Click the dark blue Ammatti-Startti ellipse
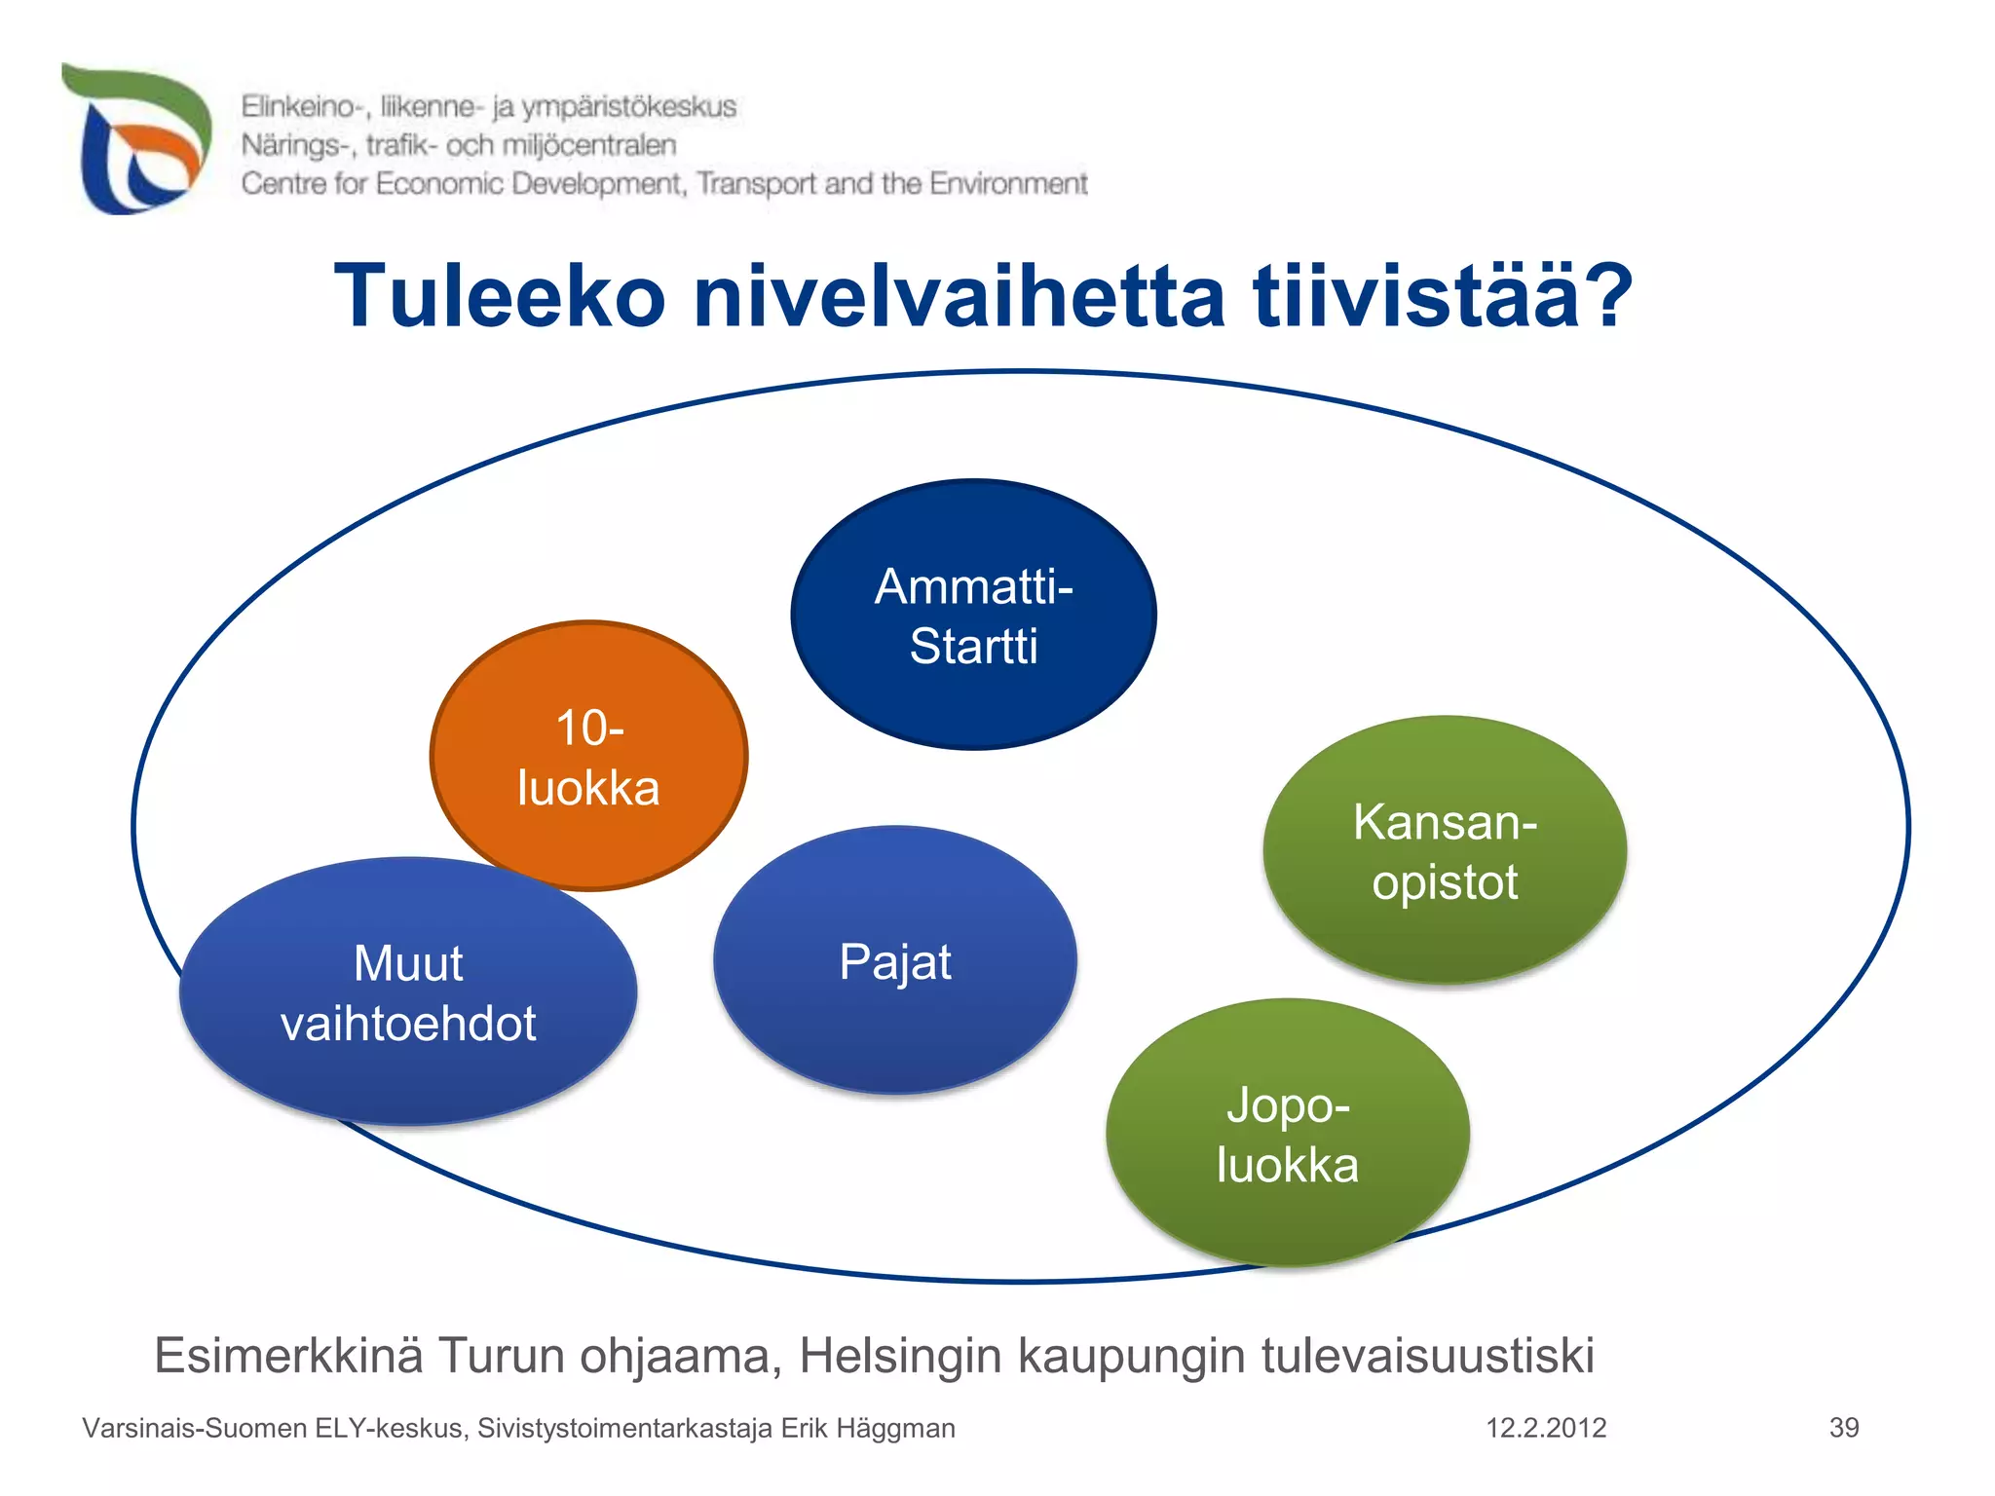coord(973,615)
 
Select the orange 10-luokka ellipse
coord(588,756)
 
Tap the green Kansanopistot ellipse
coord(1445,850)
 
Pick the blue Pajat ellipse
coord(895,961)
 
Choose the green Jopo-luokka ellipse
coord(1287,1134)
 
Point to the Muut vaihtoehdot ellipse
coord(408,992)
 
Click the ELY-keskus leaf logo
coord(136,139)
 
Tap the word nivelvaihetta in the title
coord(959,296)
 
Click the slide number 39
coord(1844,1428)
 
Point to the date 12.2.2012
coord(1546,1428)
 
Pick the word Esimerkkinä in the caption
coord(288,1356)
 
